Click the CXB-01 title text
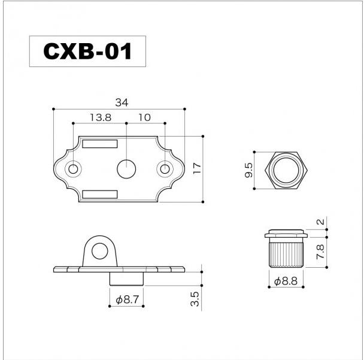(x=87, y=52)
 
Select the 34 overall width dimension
(x=122, y=102)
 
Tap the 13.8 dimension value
(x=101, y=117)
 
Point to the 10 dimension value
(x=144, y=117)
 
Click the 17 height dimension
(x=197, y=168)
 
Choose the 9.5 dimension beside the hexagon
(x=248, y=170)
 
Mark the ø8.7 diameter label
(x=127, y=300)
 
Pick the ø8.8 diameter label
(x=286, y=282)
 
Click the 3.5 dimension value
(x=195, y=299)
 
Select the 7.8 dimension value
(x=320, y=252)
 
